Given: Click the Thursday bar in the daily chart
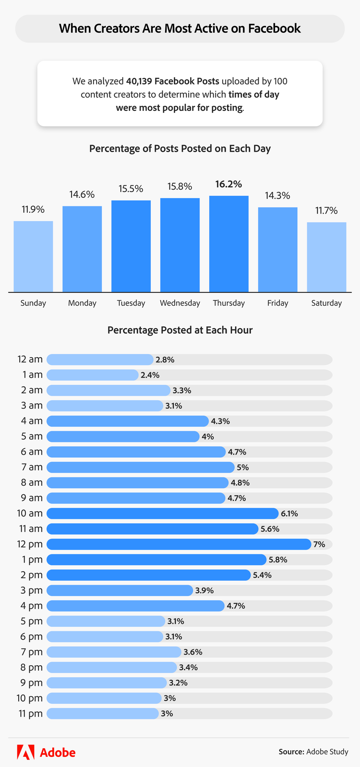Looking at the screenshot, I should tap(228, 244).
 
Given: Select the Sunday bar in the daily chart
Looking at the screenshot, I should tap(33, 256).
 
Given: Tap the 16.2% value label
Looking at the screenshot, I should tap(228, 184).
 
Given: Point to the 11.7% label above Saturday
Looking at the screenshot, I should tap(326, 211).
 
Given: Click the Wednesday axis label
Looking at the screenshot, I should tap(180, 303).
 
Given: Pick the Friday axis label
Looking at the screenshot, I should tap(277, 303).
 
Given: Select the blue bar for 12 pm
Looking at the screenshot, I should tap(179, 544).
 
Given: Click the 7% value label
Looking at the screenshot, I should tap(319, 544).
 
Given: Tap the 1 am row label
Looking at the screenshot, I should tap(32, 375).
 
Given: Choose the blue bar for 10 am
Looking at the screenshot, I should tap(162, 514).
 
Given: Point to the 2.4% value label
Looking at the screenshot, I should tap(150, 375).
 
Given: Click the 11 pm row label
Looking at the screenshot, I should tap(31, 714).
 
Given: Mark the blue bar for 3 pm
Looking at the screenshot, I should tap(120, 590).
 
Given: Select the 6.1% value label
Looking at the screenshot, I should tap(289, 514).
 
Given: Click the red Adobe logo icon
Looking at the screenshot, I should tap(25, 752).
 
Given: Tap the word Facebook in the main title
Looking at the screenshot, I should tap(274, 28).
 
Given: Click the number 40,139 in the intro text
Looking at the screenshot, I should tap(139, 81).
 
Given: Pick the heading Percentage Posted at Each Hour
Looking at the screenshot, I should tap(180, 330).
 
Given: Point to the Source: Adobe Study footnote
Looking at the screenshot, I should tap(313, 752).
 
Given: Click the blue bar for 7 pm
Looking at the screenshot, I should tap(114, 652).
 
